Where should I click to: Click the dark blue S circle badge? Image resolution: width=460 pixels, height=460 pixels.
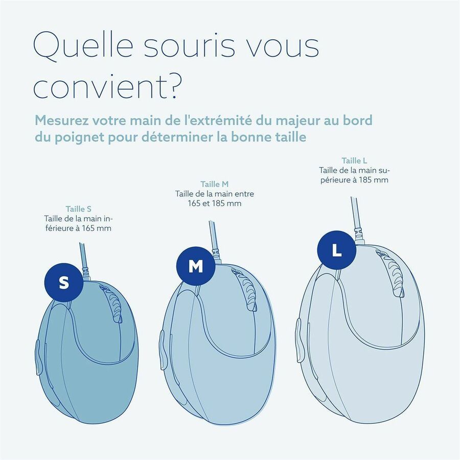click(63, 283)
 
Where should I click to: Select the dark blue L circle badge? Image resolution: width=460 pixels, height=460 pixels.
click(337, 250)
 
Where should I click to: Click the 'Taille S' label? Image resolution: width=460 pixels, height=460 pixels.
click(78, 209)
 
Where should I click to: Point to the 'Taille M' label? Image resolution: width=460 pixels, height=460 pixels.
click(214, 184)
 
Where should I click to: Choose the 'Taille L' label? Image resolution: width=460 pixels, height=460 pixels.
click(355, 160)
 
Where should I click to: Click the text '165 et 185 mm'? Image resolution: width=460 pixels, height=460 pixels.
click(214, 203)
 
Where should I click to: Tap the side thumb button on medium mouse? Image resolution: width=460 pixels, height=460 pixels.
click(162, 347)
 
